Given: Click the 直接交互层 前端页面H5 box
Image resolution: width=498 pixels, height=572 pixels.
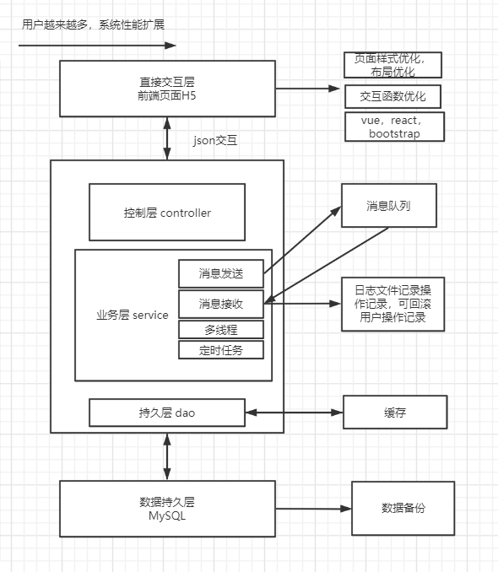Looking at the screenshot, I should click(x=167, y=89).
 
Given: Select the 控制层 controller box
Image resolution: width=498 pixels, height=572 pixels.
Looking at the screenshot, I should click(x=167, y=213).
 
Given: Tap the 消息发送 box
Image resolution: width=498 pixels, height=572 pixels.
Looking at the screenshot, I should click(x=221, y=273).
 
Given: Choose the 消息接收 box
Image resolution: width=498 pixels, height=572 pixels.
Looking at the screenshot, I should click(x=221, y=303).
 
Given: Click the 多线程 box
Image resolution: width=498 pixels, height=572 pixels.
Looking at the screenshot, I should click(x=221, y=329).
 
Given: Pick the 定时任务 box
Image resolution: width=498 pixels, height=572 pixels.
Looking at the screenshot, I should click(x=221, y=349).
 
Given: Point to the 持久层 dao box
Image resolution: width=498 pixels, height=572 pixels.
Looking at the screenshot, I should click(x=167, y=413).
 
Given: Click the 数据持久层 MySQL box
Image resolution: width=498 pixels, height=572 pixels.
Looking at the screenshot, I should click(x=167, y=509).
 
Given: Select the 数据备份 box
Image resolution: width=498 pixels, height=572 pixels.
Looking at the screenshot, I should click(x=403, y=508).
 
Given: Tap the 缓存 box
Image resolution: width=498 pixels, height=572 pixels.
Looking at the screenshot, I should click(x=394, y=413).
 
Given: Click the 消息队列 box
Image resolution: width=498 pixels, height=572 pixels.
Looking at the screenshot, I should click(x=388, y=205).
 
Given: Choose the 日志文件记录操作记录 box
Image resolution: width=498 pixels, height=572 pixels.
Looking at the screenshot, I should click(x=392, y=304).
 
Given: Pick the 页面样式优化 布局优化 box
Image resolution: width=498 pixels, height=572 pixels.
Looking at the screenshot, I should click(x=393, y=65).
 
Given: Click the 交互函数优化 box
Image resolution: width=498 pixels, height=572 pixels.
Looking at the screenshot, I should click(x=393, y=96).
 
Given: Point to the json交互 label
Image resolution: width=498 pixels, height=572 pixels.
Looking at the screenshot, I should click(x=215, y=141).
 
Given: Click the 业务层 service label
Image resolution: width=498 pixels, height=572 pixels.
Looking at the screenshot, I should click(x=132, y=315).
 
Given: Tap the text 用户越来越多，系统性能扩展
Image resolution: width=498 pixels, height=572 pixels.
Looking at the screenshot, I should click(x=93, y=24).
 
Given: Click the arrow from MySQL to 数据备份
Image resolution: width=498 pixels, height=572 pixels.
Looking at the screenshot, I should click(x=313, y=509).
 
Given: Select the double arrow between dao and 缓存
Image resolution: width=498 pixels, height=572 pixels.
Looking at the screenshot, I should click(x=294, y=413).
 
